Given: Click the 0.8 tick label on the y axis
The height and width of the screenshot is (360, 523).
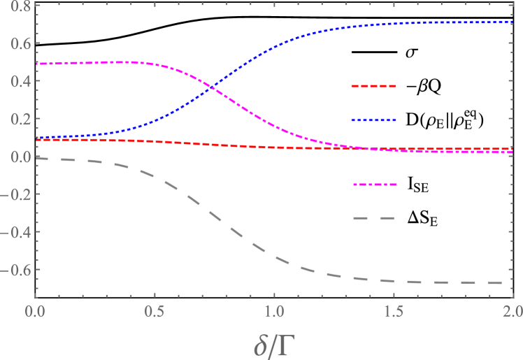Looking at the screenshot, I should click(15, 6).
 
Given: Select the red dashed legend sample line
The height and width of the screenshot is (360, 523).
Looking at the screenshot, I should click(374, 86).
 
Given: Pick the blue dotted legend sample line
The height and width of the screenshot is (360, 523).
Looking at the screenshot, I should click(374, 120).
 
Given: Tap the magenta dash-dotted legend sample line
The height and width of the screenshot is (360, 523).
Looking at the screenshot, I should click(374, 185).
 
